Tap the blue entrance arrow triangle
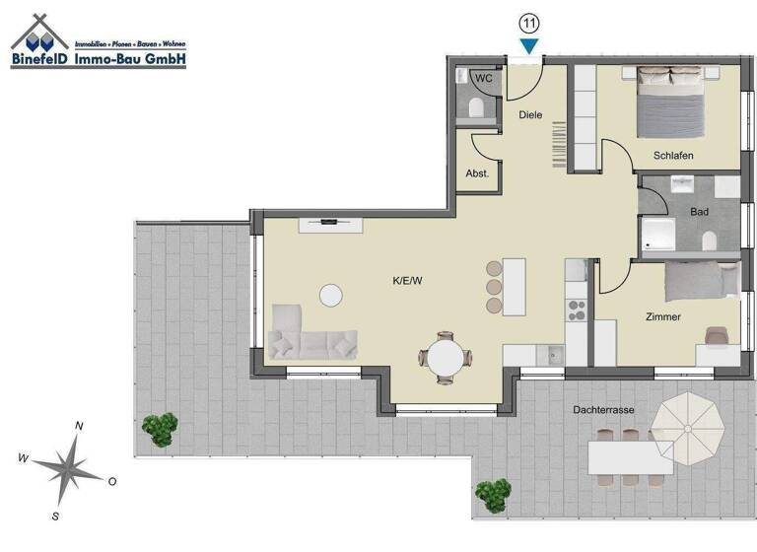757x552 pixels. tap(529, 45)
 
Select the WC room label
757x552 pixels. tap(484, 78)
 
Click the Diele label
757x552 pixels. tap(531, 115)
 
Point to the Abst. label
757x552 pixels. tap(477, 172)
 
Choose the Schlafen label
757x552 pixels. tap(673, 156)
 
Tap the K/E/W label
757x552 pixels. tap(407, 281)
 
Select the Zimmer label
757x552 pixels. tap(663, 316)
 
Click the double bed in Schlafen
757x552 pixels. tap(671, 102)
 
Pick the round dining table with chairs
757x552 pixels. tap(444, 358)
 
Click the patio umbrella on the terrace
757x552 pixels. tap(692, 426)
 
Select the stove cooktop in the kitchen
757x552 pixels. tap(576, 310)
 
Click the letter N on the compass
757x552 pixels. tap(80, 426)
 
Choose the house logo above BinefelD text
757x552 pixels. tap(41, 34)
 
